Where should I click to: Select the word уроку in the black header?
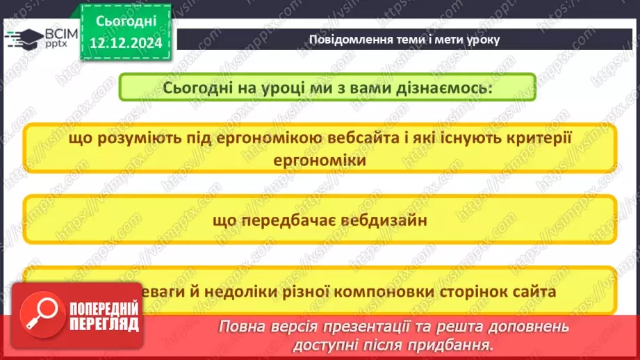coord(479,39)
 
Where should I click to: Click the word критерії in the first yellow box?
coord(532,138)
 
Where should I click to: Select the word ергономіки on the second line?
coord(320,160)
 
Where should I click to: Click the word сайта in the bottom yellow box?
coord(536,292)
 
